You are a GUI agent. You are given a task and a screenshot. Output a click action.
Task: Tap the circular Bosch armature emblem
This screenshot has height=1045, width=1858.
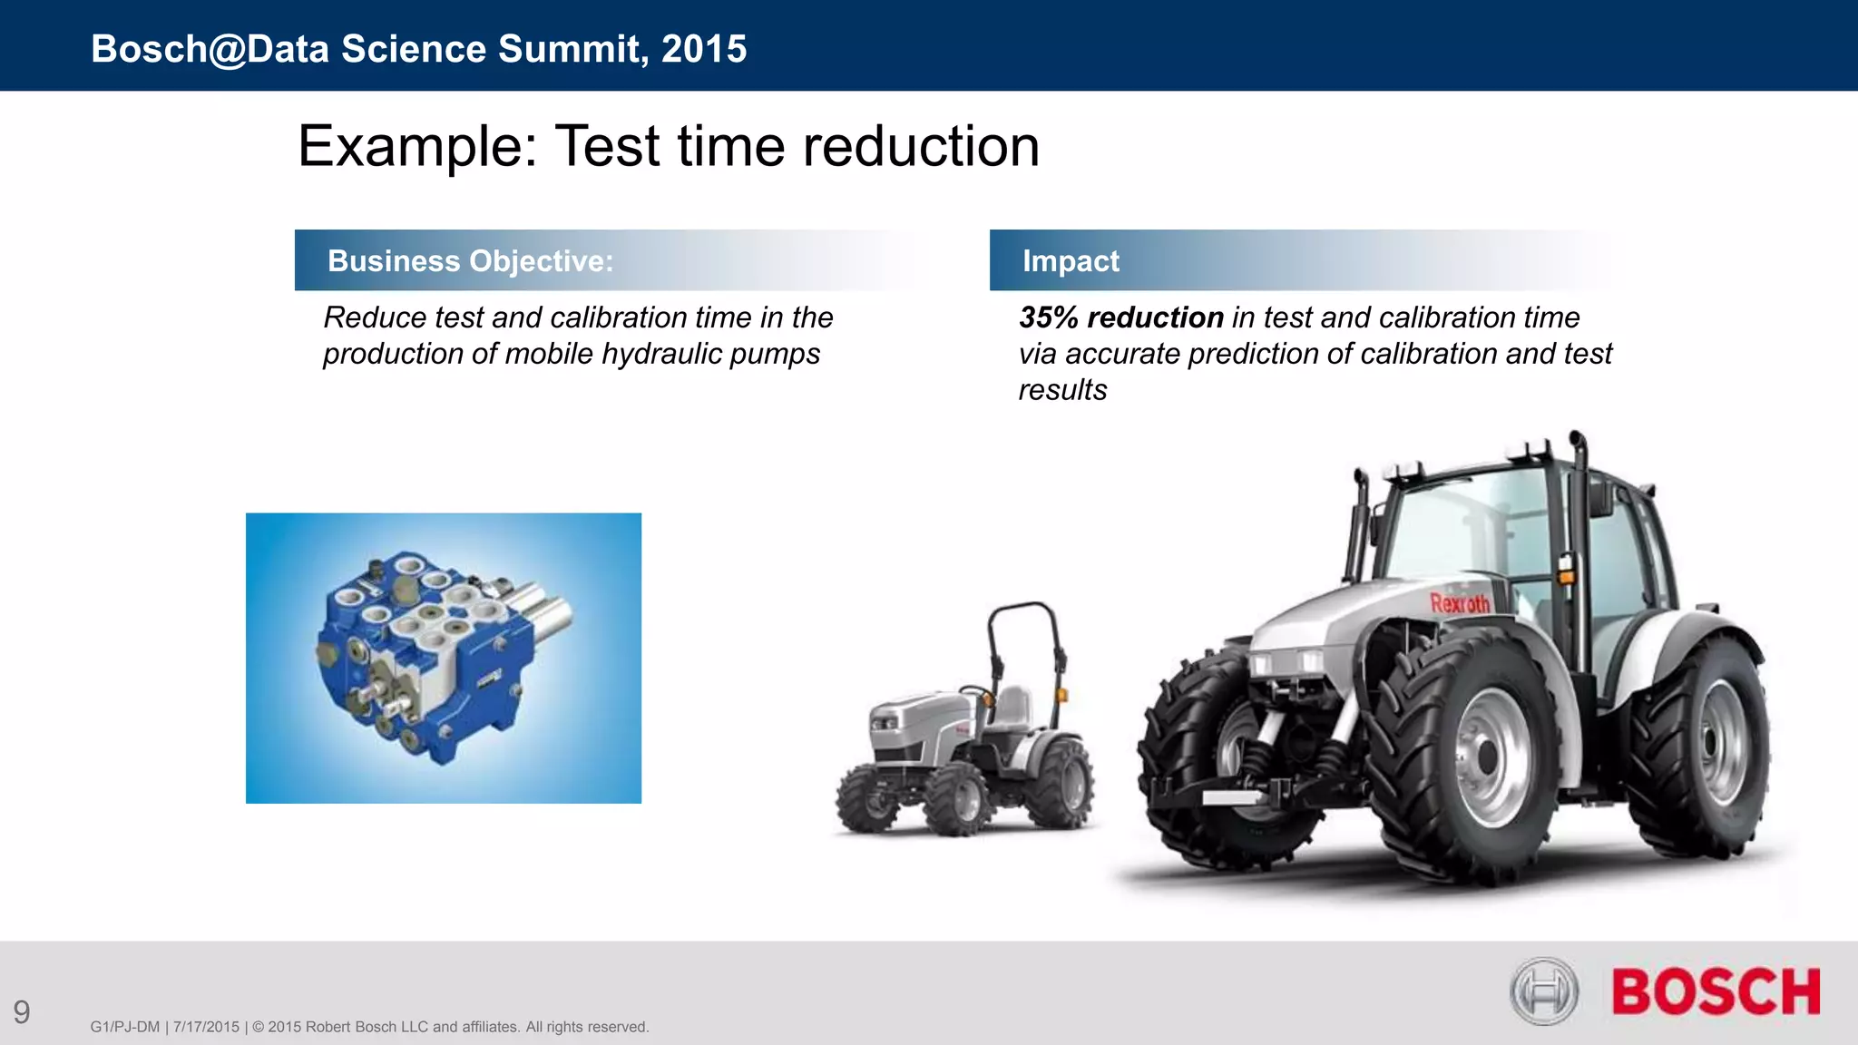pyautogui.click(x=1544, y=991)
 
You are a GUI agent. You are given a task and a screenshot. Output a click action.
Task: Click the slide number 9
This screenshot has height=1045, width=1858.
pyautogui.click(x=22, y=1011)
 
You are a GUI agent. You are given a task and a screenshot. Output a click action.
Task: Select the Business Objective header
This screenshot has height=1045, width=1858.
pyautogui.click(x=470, y=261)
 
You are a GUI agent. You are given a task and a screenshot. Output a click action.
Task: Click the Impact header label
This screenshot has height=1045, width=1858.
pyautogui.click(x=1071, y=261)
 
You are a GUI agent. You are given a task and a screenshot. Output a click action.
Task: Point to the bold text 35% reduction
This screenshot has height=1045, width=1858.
pyautogui.click(x=1121, y=317)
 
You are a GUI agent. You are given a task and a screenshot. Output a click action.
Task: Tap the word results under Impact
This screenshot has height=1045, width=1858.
pyautogui.click(x=1062, y=390)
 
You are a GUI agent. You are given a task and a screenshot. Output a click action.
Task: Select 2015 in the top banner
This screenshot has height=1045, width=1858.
pyautogui.click(x=704, y=49)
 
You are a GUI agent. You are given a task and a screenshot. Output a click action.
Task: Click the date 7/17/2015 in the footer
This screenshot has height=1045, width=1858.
pyautogui.click(x=206, y=1027)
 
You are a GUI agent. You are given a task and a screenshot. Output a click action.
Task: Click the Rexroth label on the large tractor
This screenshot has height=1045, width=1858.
pyautogui.click(x=1460, y=603)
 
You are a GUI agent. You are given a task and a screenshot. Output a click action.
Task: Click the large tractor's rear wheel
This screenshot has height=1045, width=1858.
pyautogui.click(x=1706, y=744)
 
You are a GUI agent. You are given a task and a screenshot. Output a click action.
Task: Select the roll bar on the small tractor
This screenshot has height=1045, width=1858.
pyautogui.click(x=1025, y=635)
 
